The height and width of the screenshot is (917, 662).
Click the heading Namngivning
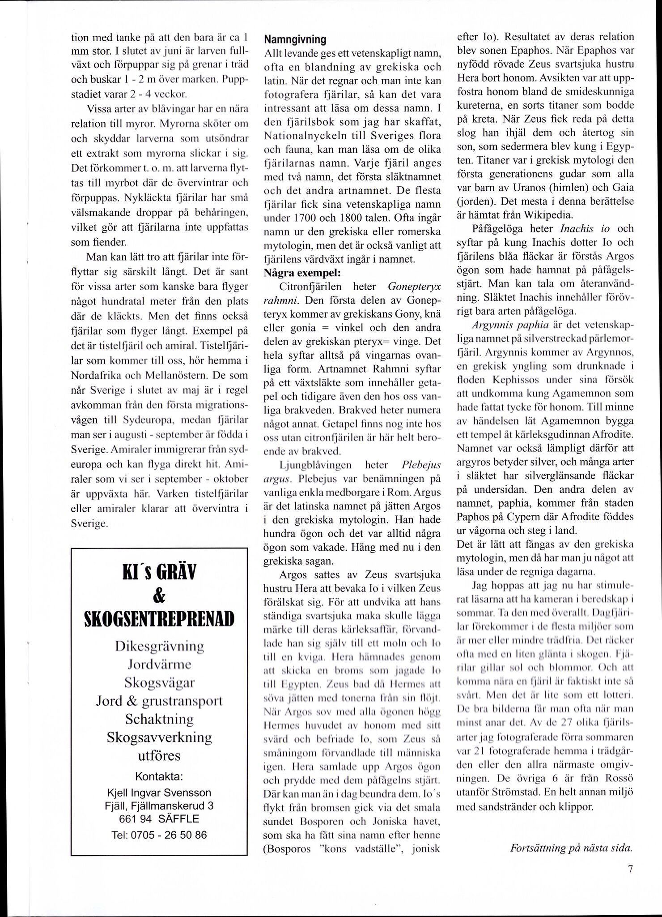(295, 40)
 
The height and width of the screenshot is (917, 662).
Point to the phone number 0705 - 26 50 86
(159, 834)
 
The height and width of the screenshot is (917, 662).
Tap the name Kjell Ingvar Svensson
(159, 793)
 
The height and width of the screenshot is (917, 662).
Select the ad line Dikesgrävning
(159, 647)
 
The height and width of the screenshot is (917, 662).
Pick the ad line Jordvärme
(159, 664)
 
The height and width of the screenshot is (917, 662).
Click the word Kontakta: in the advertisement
(159, 775)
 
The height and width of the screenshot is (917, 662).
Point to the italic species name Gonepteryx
(414, 286)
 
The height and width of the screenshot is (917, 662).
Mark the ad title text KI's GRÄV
(159, 573)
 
